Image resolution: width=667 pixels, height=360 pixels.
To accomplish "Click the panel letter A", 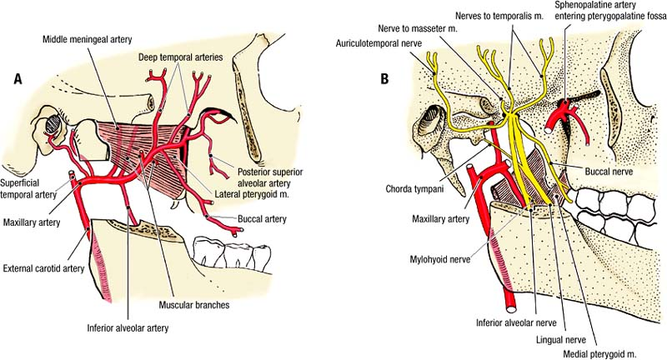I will (17, 79).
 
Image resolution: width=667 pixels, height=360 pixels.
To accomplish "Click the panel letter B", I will (384, 79).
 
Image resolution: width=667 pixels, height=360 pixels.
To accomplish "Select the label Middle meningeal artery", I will (89, 40).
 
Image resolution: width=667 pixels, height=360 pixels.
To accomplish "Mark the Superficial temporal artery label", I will (32, 188).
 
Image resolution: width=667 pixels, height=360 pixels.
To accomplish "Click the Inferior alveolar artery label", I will (128, 328).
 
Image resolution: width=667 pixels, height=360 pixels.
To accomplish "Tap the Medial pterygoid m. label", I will (600, 353).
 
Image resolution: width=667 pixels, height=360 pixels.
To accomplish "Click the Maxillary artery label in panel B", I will (441, 219).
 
